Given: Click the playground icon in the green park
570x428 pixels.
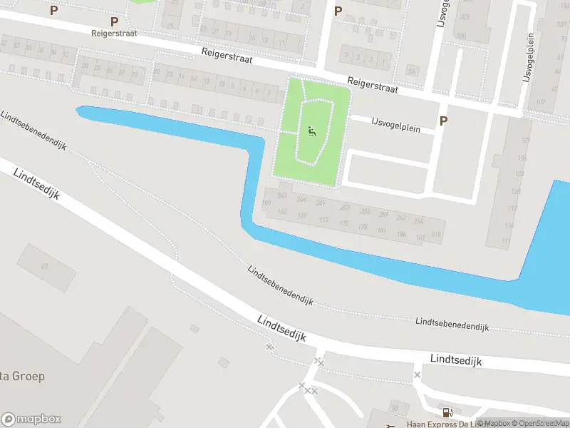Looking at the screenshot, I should click(311, 131).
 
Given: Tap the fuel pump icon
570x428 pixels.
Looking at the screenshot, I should click(447, 412).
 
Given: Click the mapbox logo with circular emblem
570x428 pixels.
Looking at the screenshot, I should click(31, 419).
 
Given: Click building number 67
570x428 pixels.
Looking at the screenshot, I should click(44, 267).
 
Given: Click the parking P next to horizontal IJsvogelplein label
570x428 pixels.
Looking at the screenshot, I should click(443, 121).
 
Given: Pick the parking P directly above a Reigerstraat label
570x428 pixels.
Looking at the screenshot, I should click(114, 22).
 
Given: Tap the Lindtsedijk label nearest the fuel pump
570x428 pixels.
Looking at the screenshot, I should click(456, 360).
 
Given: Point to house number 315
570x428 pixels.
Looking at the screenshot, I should click(436, 235).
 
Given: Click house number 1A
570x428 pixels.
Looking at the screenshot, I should click(411, 71).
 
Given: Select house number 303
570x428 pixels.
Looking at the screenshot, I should click(465, 16).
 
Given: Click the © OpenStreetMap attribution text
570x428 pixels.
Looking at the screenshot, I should click(542, 424).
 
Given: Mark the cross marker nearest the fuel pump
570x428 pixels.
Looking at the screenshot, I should click(417, 374).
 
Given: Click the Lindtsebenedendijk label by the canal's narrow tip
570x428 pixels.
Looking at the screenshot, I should click(33, 131).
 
